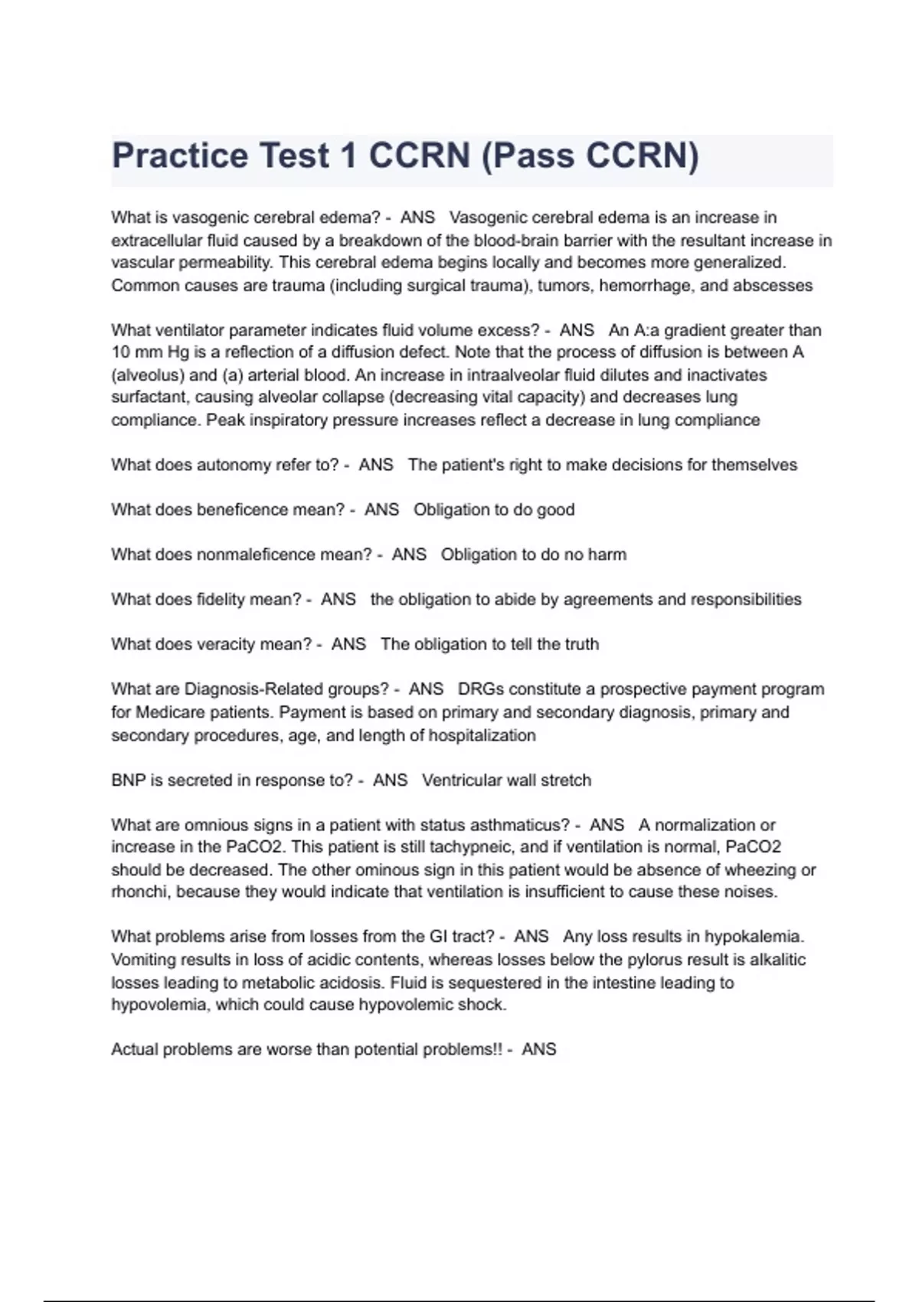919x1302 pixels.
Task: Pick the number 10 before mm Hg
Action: click(x=121, y=352)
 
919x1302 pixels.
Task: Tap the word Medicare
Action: click(x=169, y=712)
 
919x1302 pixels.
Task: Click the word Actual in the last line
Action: click(x=133, y=1049)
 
